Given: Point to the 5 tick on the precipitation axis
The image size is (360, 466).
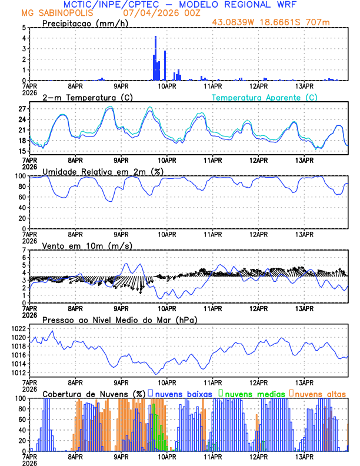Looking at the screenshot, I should click(x=24, y=28).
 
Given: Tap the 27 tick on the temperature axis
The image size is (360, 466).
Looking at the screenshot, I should click(x=22, y=109).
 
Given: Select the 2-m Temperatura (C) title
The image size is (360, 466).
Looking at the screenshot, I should click(x=84, y=97).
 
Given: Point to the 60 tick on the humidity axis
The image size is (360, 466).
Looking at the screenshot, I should click(x=22, y=197).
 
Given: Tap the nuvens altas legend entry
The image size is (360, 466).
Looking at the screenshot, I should click(x=318, y=393).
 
